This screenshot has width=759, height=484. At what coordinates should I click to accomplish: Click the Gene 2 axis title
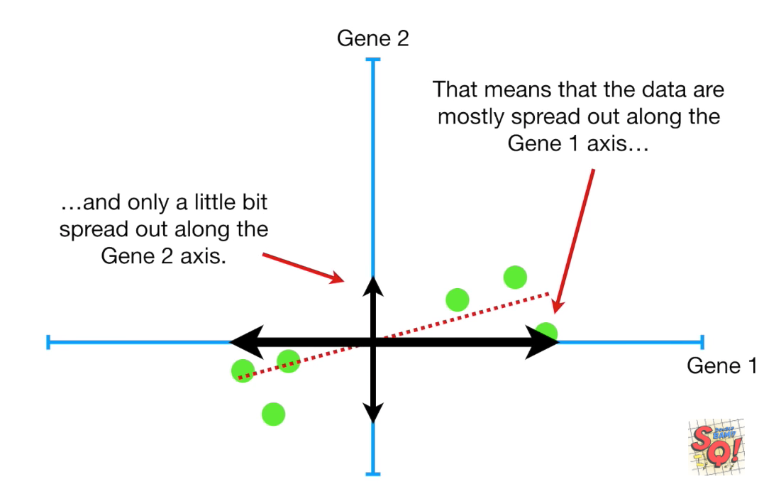pyautogui.click(x=372, y=38)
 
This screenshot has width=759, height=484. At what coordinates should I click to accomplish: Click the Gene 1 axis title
pyautogui.click(x=721, y=366)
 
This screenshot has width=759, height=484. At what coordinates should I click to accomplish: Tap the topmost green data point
pyautogui.click(x=515, y=277)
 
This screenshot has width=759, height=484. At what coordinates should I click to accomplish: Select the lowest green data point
pyautogui.click(x=273, y=413)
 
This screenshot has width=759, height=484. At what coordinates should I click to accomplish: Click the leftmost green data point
pyautogui.click(x=243, y=370)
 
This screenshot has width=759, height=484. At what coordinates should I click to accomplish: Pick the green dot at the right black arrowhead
pyautogui.click(x=546, y=331)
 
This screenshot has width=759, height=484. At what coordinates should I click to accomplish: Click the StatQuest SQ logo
pyautogui.click(x=716, y=446)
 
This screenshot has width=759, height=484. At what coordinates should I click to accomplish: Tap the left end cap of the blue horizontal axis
pyautogui.click(x=48, y=342)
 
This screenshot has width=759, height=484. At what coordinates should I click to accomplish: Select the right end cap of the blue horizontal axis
pyautogui.click(x=702, y=342)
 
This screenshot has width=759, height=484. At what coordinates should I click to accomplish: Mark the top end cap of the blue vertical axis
pyautogui.click(x=372, y=60)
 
